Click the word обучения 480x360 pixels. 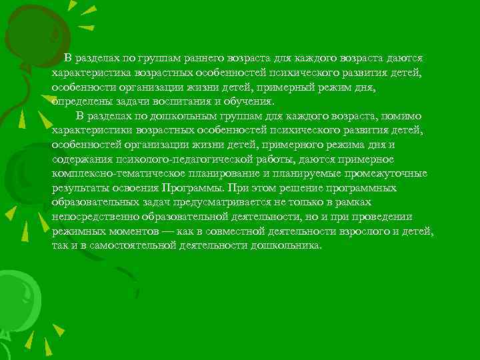[251, 101]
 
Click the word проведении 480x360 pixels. [385, 216]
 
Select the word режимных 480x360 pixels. [77, 230]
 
